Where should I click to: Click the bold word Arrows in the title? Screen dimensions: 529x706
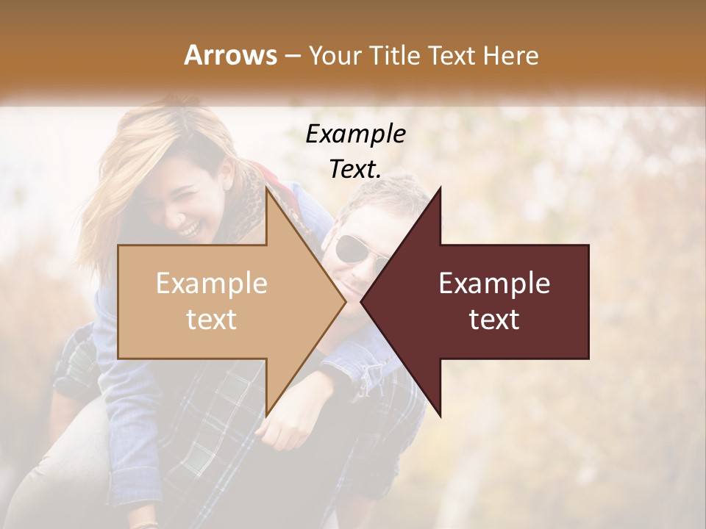(230, 55)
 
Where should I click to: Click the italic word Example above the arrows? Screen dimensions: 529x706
(355, 134)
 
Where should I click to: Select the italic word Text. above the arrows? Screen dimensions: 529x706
(355, 169)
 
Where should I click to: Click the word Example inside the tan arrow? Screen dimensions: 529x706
(212, 284)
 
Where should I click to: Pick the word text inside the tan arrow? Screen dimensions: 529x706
(212, 319)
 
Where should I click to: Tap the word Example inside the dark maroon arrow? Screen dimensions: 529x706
(494, 284)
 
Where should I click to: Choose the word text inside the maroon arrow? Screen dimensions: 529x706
(494, 319)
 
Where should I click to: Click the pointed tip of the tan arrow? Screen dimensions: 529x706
(345, 301)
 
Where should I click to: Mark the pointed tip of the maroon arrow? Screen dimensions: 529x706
(362, 301)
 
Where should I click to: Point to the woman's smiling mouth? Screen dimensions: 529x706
(189, 230)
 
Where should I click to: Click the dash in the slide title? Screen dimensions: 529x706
(292, 56)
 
